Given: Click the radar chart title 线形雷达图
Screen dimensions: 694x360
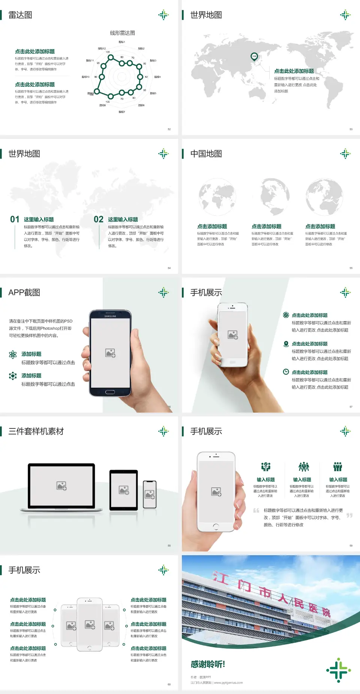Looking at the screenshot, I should [x=122, y=33].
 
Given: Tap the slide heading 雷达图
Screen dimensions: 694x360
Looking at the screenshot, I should [x=20, y=15].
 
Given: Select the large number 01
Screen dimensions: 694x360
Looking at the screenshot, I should [x=15, y=219].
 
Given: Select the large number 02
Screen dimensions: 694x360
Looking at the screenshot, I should [x=99, y=219].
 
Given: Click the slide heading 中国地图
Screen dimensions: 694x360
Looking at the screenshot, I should [x=206, y=154].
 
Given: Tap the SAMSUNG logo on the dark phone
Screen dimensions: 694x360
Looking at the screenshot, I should [x=110, y=316].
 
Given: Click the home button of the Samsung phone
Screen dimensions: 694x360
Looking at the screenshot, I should [x=110, y=392].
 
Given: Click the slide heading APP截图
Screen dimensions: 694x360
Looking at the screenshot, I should [x=24, y=293].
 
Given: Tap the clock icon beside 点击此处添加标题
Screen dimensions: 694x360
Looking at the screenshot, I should [x=286, y=372].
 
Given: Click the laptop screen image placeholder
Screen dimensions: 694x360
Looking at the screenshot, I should [x=61, y=486].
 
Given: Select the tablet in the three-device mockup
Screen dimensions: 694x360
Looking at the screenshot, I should [x=124, y=490].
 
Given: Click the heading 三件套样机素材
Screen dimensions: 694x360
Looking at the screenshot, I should [x=36, y=431].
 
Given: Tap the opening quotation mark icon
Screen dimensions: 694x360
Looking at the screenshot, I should [x=256, y=511].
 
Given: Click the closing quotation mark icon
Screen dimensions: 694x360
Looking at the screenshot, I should [x=349, y=515].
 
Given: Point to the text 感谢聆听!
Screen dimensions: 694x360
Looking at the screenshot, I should [x=208, y=664].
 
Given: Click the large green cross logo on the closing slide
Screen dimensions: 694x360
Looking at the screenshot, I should [x=339, y=670].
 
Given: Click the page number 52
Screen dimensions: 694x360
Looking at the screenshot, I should [x=169, y=129].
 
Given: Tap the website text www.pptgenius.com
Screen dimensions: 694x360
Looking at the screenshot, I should [x=228, y=683].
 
